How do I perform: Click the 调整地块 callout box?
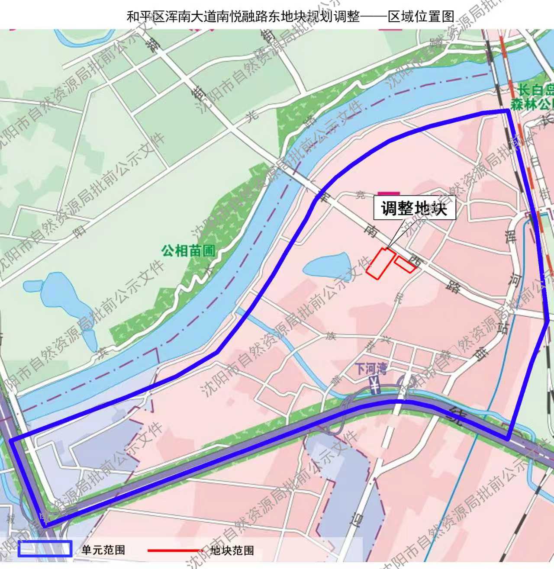414,209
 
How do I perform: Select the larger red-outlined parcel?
380,263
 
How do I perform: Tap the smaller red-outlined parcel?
405,265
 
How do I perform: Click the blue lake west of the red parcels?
327,265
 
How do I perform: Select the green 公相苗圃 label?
188,251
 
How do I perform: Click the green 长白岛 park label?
536,97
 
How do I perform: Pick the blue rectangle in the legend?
45,548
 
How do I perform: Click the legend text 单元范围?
103,550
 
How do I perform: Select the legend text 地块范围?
232,550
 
